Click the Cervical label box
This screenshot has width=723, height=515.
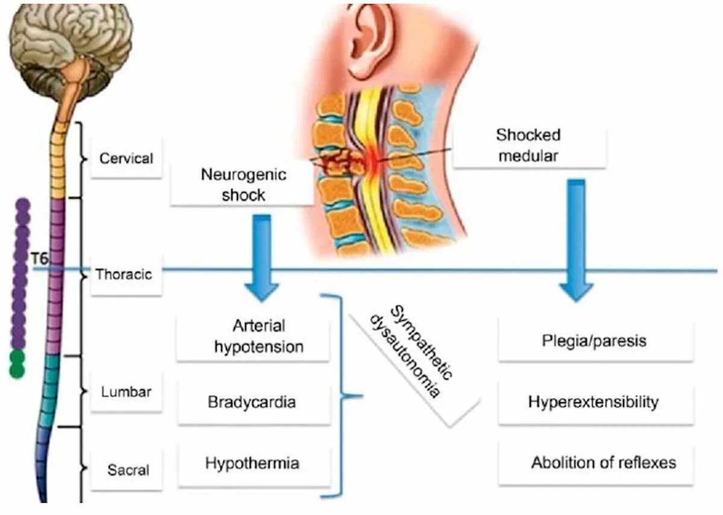127,159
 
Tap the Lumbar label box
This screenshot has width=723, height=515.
127,392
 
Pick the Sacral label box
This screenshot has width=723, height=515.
127,470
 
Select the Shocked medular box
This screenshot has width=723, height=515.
528,145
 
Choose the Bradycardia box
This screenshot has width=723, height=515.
252,402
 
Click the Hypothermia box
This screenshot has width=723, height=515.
252,464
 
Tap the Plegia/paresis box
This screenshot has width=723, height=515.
595,341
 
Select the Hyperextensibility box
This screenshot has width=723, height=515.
593,402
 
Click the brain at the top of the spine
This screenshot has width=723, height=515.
71,42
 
